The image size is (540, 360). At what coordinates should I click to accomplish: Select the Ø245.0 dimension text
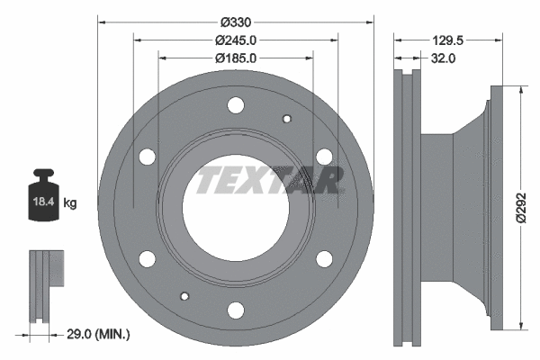point(236,40)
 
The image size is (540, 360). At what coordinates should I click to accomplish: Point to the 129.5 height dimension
point(446,40)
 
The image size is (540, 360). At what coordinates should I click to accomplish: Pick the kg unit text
point(71,204)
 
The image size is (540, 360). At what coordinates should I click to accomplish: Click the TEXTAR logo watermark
point(269,180)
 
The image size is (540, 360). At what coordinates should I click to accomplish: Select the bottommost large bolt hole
point(237,310)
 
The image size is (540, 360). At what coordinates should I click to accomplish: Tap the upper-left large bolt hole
point(148,157)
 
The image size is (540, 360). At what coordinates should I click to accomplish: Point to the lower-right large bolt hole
point(324,260)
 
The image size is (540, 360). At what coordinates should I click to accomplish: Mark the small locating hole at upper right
point(288,118)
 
